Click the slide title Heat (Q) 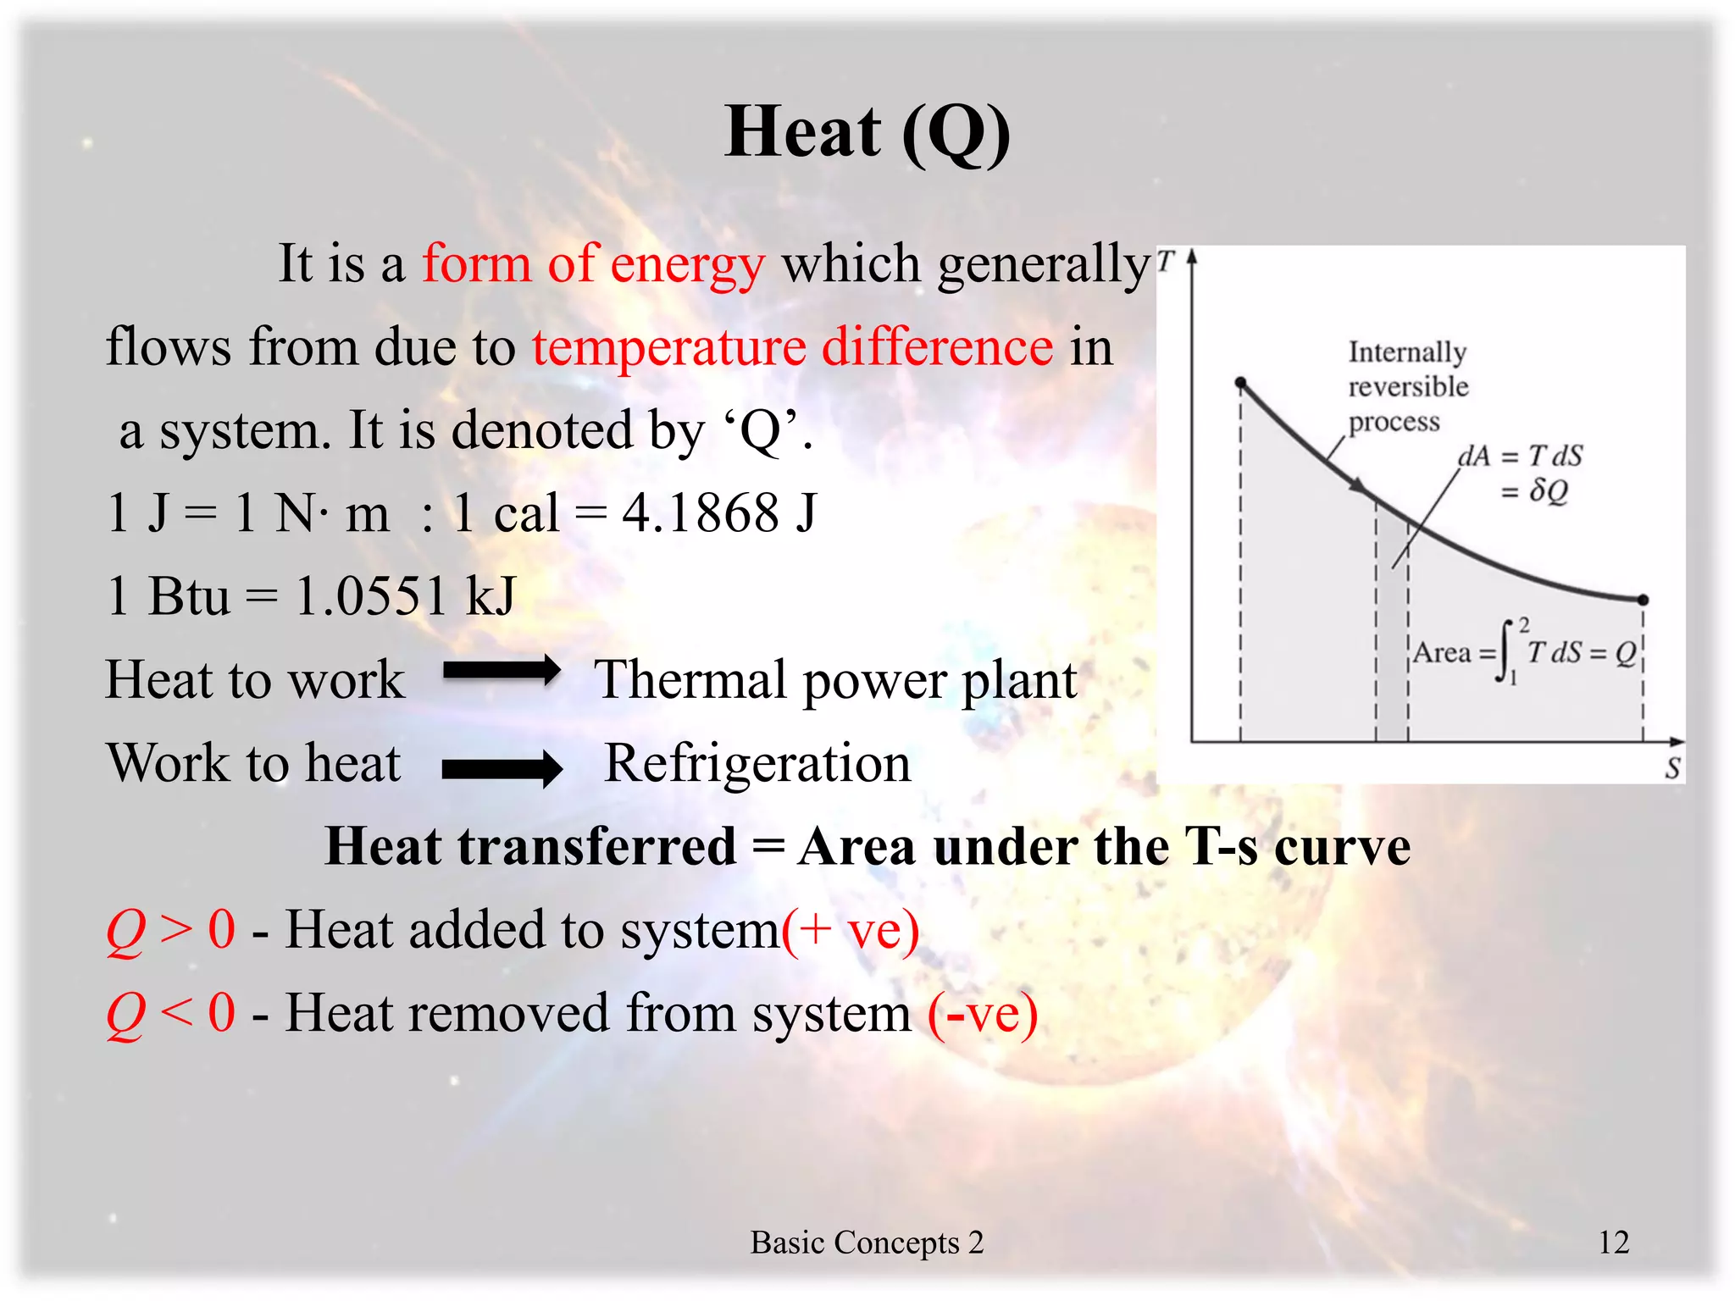click(867, 133)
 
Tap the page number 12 click(1613, 1242)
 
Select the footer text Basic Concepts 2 click(867, 1243)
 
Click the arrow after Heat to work click(502, 672)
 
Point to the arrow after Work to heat click(502, 769)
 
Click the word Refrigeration click(757, 763)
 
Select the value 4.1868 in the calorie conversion click(700, 513)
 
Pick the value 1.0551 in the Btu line click(370, 595)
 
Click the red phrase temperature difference click(793, 347)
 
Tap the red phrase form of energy click(594, 263)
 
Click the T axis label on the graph click(1167, 261)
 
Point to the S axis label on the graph click(1672, 768)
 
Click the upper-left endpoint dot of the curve click(1241, 383)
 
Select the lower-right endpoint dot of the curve click(1644, 600)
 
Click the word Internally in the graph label click(1407, 352)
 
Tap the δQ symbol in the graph click(1549, 490)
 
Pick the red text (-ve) click(983, 1014)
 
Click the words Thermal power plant click(836, 680)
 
